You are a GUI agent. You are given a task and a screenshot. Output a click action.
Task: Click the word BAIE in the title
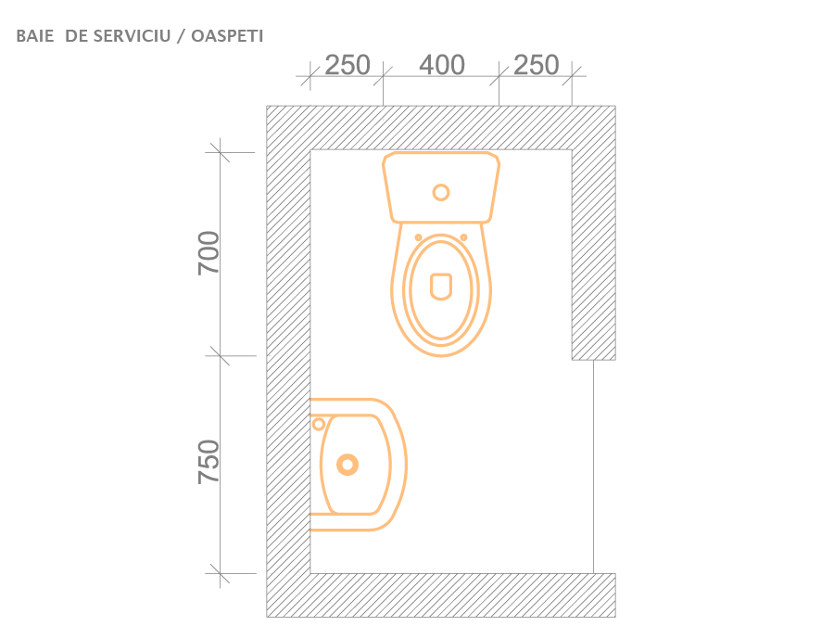(35, 36)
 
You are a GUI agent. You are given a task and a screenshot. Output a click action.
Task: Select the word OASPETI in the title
(227, 36)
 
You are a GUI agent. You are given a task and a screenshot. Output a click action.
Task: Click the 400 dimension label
(442, 65)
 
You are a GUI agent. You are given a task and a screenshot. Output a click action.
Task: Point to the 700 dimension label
(208, 253)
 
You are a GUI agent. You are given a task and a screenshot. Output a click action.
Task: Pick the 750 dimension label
(208, 462)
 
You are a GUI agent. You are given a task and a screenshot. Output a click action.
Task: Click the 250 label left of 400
(347, 65)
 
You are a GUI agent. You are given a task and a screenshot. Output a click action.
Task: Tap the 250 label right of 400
(537, 65)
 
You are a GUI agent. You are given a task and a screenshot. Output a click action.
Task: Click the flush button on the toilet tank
(441, 192)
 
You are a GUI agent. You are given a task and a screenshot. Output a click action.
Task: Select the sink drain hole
(347, 465)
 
